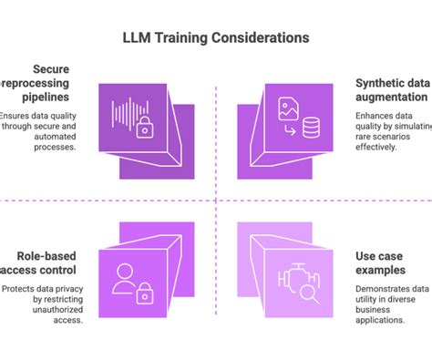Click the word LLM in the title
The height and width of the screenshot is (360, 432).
pos(139,38)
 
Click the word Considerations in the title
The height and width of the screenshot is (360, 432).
pos(261,38)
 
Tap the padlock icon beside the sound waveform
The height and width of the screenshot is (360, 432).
pos(145,129)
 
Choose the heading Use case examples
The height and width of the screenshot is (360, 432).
pos(377,263)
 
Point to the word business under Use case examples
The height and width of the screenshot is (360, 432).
pos(376,309)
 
